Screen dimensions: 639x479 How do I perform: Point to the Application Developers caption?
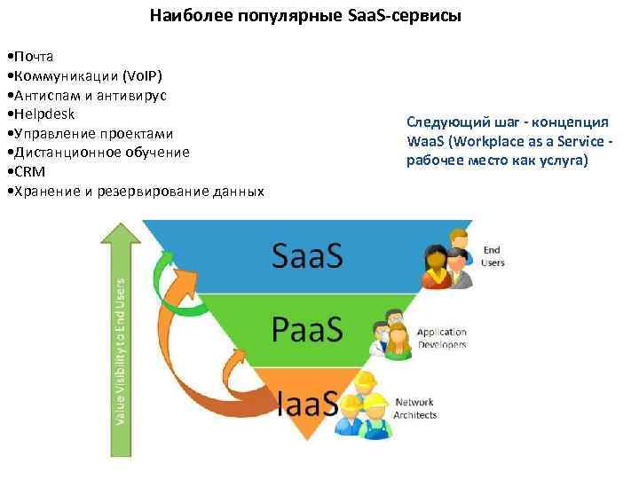(x=442, y=339)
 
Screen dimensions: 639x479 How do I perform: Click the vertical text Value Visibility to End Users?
(x=121, y=350)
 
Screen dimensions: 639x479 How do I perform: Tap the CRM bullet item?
(x=28, y=171)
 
